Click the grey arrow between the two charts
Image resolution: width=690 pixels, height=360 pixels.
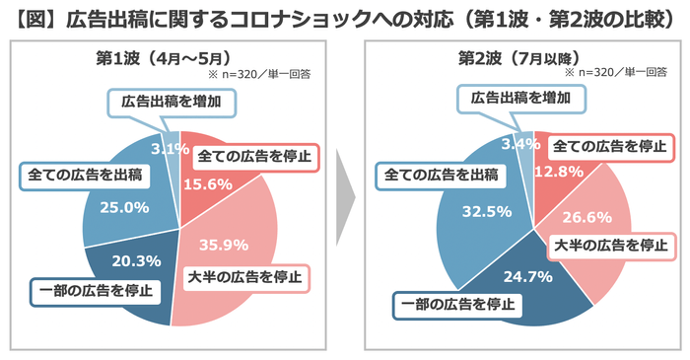341,196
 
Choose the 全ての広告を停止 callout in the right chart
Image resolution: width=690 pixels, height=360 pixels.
607,146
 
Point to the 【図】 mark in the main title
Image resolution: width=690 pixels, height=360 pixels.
32,17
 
